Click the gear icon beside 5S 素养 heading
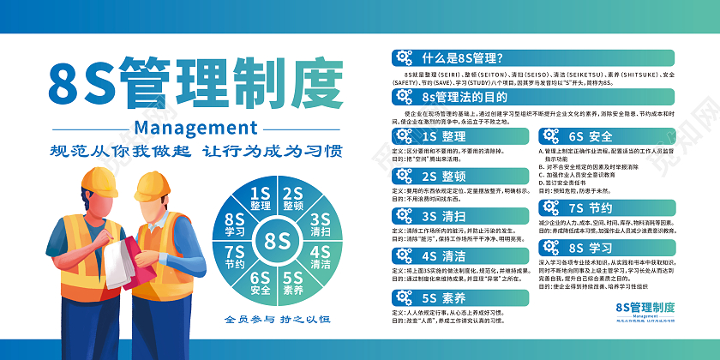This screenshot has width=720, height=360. click(403, 297)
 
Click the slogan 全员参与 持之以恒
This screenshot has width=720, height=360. click(277, 321)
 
